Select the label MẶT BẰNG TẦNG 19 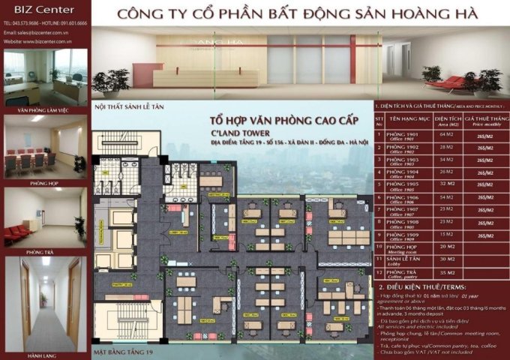[x=123, y=351]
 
